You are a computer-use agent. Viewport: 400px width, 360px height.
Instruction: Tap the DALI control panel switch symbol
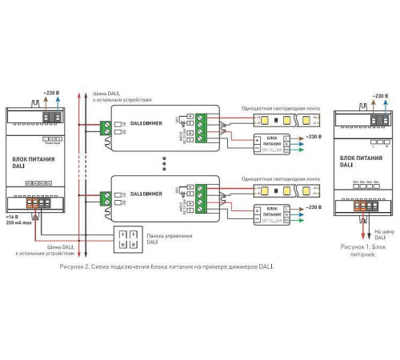click(127, 239)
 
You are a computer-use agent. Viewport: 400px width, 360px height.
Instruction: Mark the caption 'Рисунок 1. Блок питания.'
click(359, 250)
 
